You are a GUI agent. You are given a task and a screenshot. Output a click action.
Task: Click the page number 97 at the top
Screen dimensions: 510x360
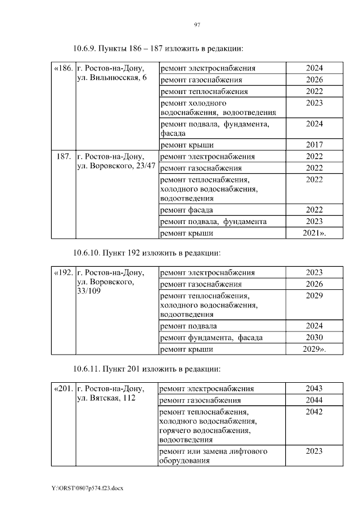pyautogui.click(x=197, y=24)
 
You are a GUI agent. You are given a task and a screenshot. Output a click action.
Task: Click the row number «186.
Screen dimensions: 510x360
pyautogui.click(x=63, y=69)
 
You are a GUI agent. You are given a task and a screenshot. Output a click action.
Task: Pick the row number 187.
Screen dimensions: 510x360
pyautogui.click(x=64, y=156)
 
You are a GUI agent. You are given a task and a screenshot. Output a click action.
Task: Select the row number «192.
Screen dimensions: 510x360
pyautogui.click(x=63, y=273)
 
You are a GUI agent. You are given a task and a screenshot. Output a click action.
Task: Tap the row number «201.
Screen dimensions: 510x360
pyautogui.click(x=63, y=389)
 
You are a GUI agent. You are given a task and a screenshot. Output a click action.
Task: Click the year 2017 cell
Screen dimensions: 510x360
pyautogui.click(x=314, y=145)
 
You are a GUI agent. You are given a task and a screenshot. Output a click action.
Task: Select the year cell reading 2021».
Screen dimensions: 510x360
pyautogui.click(x=314, y=232)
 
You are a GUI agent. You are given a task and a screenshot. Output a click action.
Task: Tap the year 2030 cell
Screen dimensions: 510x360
pyautogui.click(x=314, y=338)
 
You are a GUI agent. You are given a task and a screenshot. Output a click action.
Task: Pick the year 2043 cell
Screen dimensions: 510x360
pyautogui.click(x=314, y=389)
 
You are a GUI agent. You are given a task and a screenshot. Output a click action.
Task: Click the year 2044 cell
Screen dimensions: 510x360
pyautogui.click(x=314, y=400)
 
